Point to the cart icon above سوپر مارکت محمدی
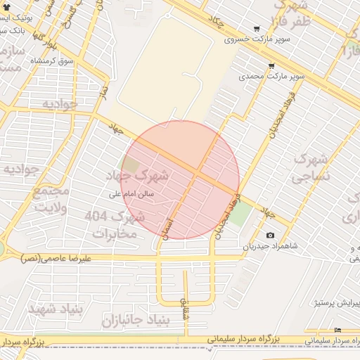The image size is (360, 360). tap(271, 64)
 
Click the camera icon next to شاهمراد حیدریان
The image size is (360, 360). tap(270, 236)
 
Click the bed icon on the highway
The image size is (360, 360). tap(338, 330)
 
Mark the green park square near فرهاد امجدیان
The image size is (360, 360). tap(241, 214)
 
